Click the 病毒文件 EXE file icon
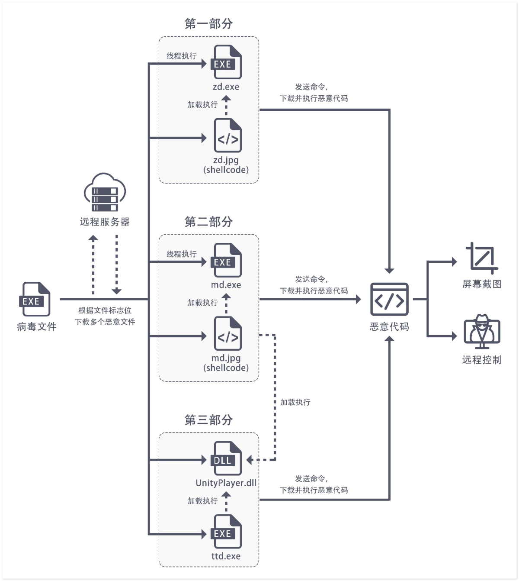(35, 299)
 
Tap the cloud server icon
(105, 192)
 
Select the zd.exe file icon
(226, 62)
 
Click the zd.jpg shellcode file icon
(228, 135)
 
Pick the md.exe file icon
(226, 260)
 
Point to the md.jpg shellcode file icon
(228, 333)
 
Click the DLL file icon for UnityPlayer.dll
(226, 458)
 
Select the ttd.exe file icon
(226, 531)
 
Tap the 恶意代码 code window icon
(389, 299)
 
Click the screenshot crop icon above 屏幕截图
(482, 258)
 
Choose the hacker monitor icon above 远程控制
(482, 332)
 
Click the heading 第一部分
(208, 23)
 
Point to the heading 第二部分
(208, 222)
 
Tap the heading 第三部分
(208, 420)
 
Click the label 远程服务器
(105, 222)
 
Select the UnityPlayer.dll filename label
(226, 483)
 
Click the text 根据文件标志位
(105, 310)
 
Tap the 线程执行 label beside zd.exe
(182, 56)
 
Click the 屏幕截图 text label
(482, 284)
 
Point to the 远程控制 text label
(482, 360)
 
